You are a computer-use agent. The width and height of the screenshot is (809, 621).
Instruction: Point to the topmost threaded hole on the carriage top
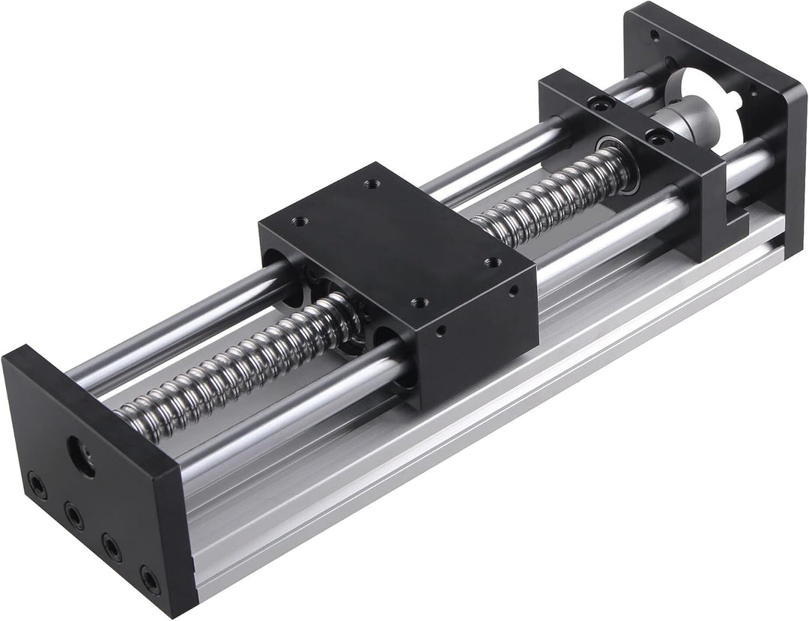(x=369, y=184)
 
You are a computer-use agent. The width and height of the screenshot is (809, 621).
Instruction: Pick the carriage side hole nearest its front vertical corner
(x=442, y=327)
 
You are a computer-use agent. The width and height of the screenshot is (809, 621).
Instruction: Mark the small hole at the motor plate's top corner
(x=655, y=34)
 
